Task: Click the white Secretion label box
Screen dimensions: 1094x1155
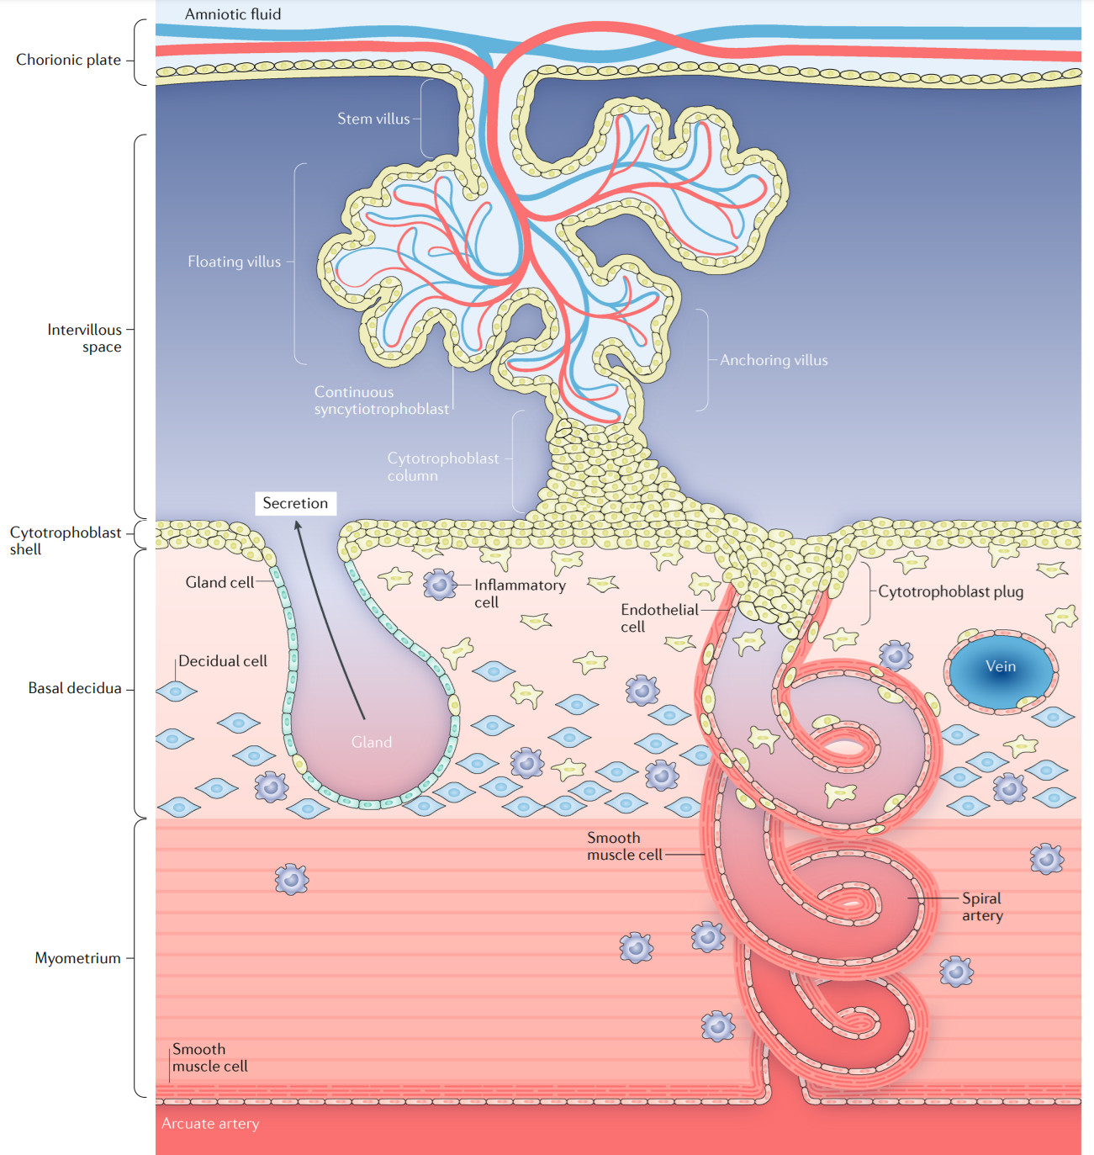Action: [295, 504]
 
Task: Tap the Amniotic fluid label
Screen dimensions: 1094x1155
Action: [233, 14]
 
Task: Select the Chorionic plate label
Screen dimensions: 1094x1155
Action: [68, 60]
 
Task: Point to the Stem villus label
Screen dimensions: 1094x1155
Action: [373, 119]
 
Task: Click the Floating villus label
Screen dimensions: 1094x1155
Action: [235, 262]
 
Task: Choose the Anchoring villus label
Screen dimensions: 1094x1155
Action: [774, 360]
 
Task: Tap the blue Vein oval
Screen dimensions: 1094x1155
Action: [1002, 671]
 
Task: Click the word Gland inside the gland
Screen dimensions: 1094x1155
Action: [372, 742]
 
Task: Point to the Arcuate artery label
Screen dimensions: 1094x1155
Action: [210, 1123]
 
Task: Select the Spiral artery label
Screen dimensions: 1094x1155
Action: [982, 907]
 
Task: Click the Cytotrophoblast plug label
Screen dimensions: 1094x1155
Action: [951, 591]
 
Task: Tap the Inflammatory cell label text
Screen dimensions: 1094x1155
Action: [520, 593]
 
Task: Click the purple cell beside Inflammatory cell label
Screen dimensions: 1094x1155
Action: [440, 585]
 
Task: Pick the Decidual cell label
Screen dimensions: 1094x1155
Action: [223, 661]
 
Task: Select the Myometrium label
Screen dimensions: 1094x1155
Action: [77, 958]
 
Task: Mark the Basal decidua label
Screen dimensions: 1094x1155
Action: [75, 688]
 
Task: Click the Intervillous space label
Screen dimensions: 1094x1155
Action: [85, 338]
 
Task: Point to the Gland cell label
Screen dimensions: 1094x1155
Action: [219, 582]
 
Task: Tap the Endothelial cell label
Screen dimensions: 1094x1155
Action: [659, 618]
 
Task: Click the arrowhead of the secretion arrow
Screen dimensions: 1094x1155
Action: [298, 525]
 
